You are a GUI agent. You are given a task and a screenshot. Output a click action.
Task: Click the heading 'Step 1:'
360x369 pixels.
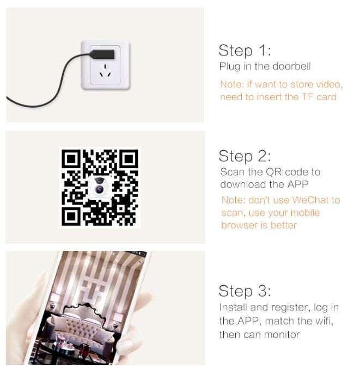point(245,51)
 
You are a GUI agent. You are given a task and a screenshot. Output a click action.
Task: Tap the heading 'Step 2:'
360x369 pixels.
point(245,156)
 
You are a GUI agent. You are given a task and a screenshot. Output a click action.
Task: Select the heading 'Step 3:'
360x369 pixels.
point(245,290)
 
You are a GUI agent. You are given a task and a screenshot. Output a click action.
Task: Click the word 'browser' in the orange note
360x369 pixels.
point(238,225)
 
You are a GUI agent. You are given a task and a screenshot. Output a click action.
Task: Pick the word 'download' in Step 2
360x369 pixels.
point(240,184)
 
